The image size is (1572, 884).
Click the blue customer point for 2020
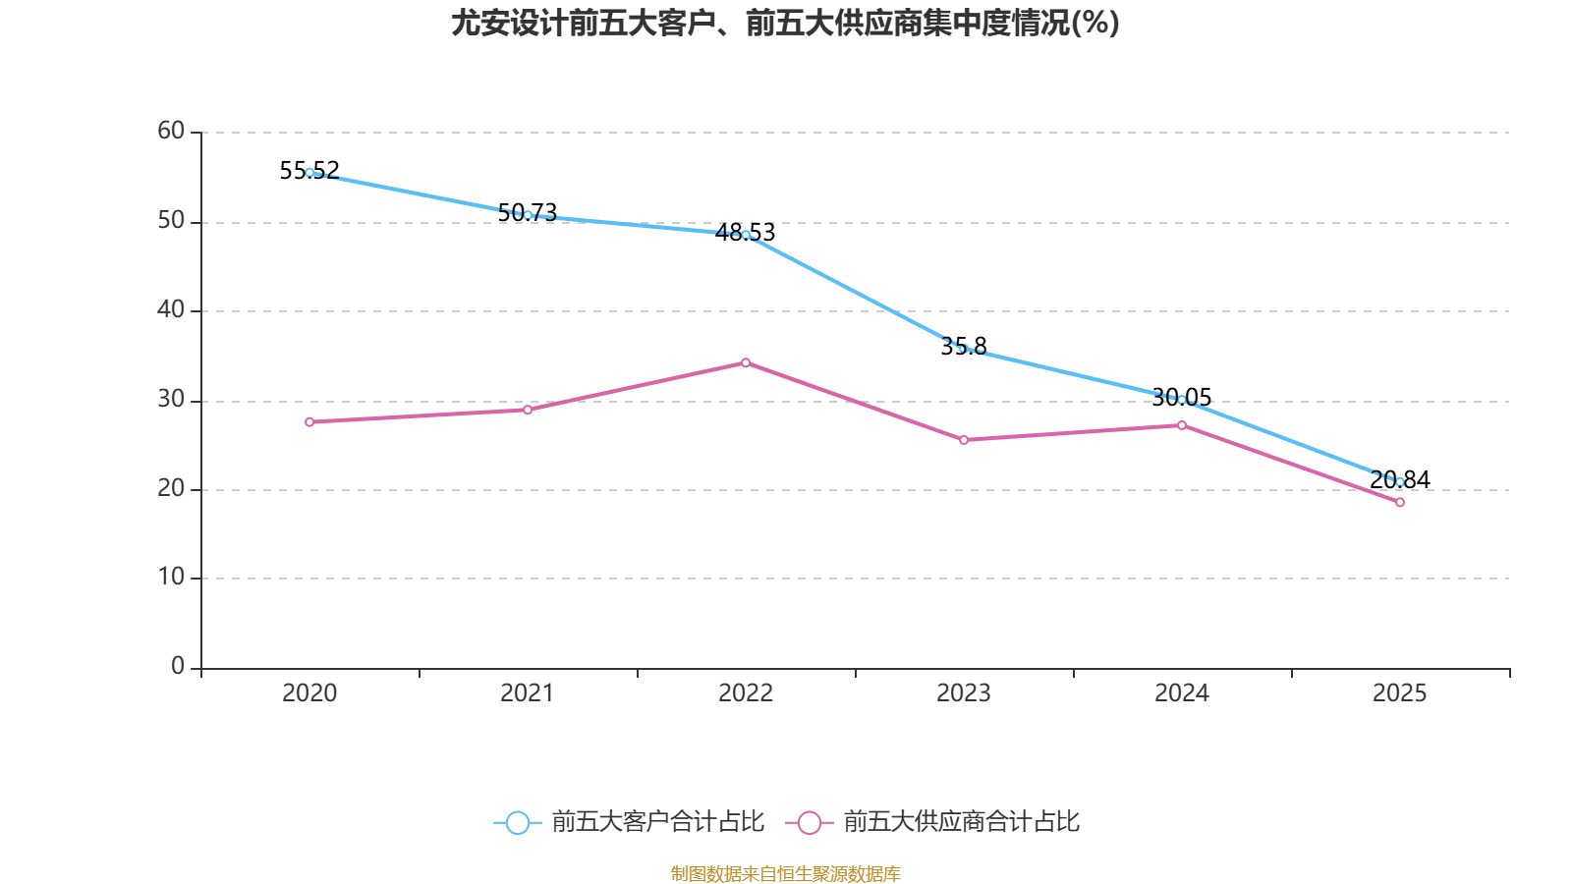(x=309, y=173)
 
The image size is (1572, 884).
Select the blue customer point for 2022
(x=746, y=235)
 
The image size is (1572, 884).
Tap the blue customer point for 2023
(x=964, y=349)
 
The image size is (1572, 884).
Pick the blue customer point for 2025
(x=1400, y=481)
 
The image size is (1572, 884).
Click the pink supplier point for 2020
(x=309, y=422)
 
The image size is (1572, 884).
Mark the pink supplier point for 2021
(x=528, y=410)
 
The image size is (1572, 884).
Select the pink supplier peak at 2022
(x=746, y=362)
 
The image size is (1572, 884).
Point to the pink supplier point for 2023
(x=964, y=440)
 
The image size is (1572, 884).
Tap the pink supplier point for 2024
(x=1182, y=425)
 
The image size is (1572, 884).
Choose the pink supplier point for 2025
(x=1400, y=503)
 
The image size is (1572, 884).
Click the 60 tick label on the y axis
(x=171, y=131)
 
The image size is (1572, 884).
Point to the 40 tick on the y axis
(x=171, y=310)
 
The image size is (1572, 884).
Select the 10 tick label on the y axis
(x=171, y=578)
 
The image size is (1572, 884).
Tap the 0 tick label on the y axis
(x=178, y=667)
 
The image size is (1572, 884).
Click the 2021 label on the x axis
(x=528, y=693)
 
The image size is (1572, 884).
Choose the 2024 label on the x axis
(x=1182, y=693)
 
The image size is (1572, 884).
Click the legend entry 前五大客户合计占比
(x=629, y=822)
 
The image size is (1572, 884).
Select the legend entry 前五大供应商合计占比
(x=933, y=822)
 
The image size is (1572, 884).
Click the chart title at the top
(x=785, y=24)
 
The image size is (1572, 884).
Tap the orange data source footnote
(x=785, y=873)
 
